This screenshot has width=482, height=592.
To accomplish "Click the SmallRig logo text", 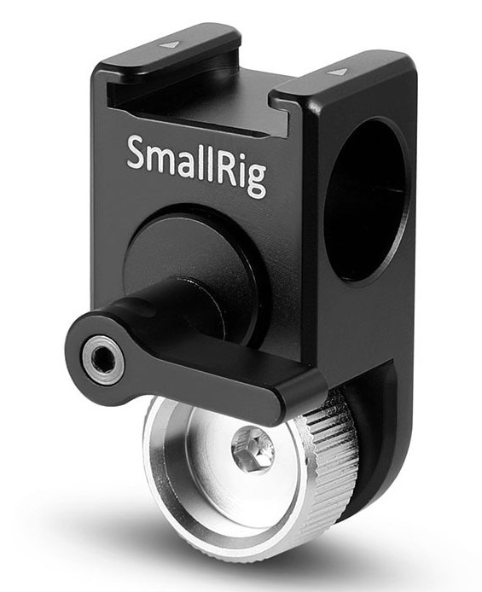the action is tap(196, 166).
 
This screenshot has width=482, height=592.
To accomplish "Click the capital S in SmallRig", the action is tap(137, 152).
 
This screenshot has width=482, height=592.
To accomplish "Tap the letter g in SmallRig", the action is tap(255, 181).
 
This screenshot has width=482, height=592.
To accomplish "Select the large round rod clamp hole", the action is tap(366, 200).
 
